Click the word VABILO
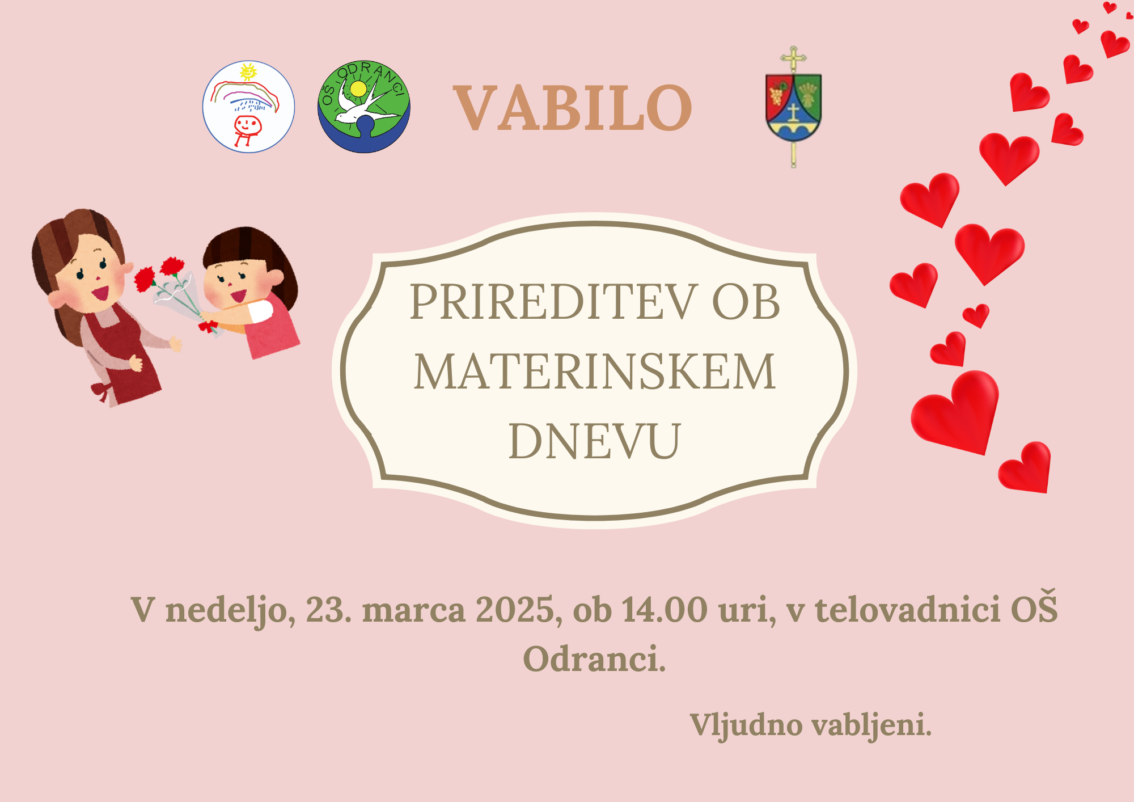pos(573,108)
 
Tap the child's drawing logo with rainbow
pos(248,107)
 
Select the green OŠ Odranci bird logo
pos(364,107)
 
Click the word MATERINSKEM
pos(594,372)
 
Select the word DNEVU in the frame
pos(594,441)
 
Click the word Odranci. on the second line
pos(594,659)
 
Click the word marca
pos(413,611)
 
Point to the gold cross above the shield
pos(793,58)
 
